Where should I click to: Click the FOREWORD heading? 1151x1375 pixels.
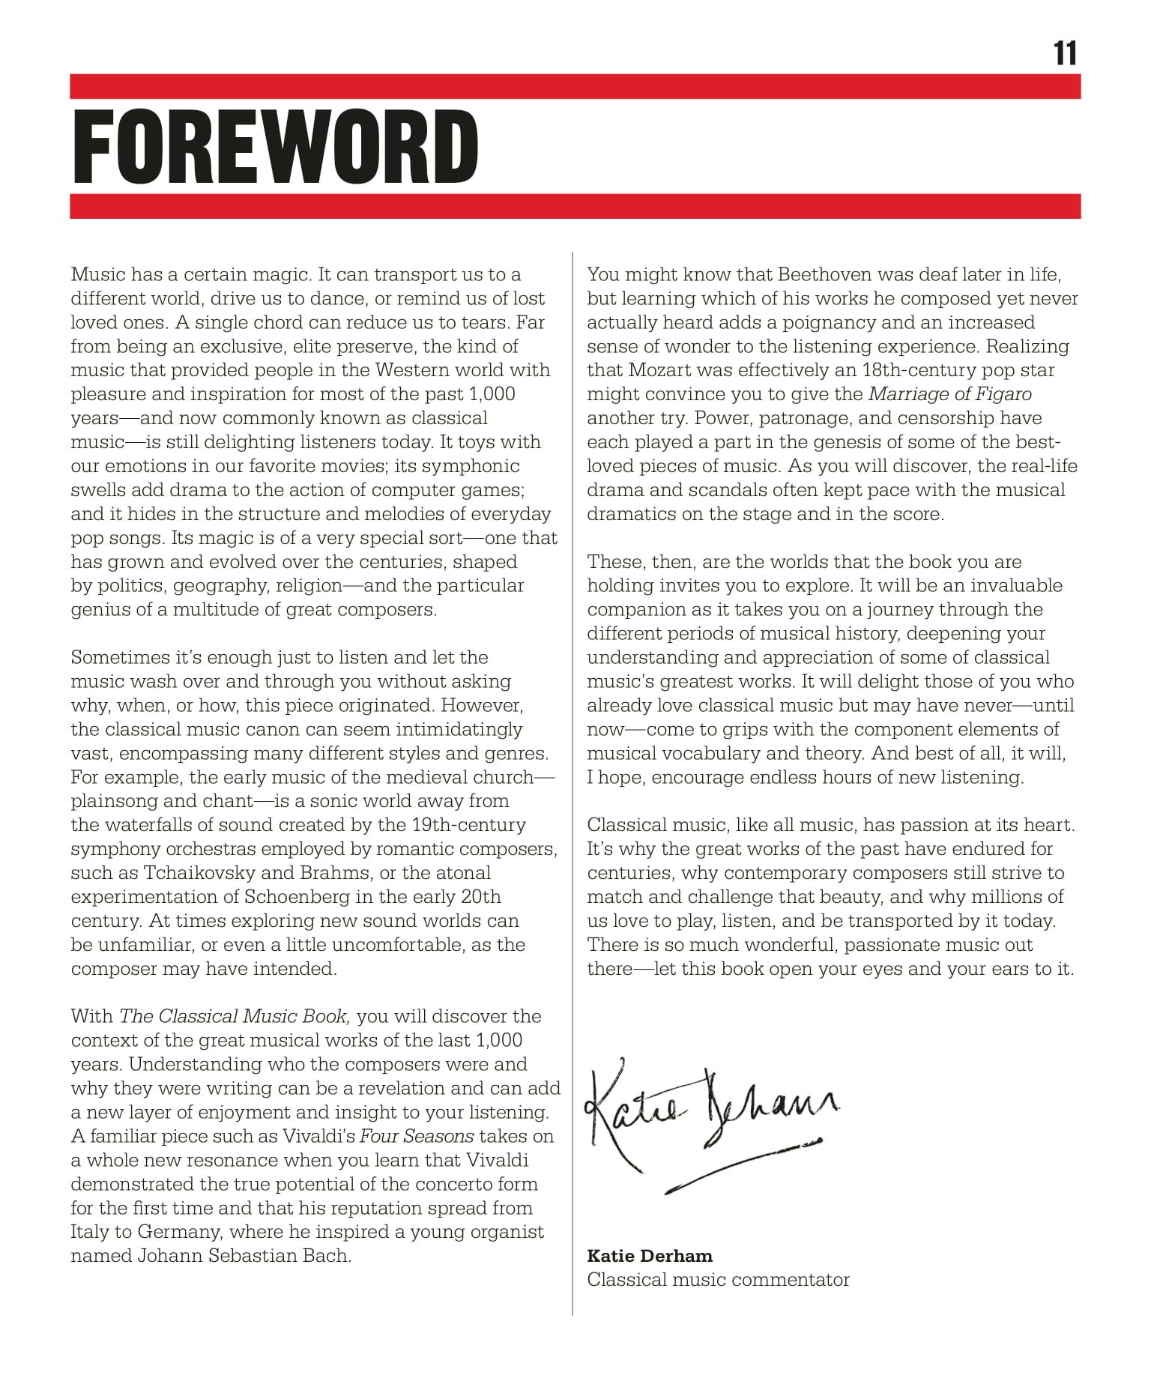[275, 148]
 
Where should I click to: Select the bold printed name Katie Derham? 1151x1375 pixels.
[650, 1255]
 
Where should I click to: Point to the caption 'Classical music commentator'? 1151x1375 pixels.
[718, 1279]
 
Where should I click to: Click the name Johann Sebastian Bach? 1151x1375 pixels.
[244, 1256]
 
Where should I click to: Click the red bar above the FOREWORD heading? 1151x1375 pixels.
[575, 86]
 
